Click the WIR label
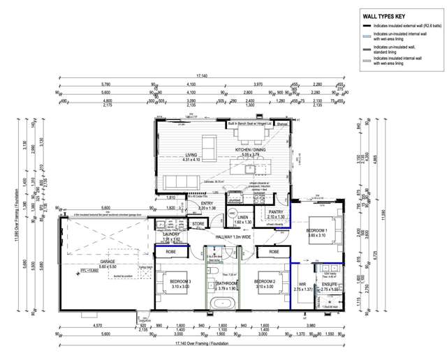coord(302,284)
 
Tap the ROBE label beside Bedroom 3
coord(171,250)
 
